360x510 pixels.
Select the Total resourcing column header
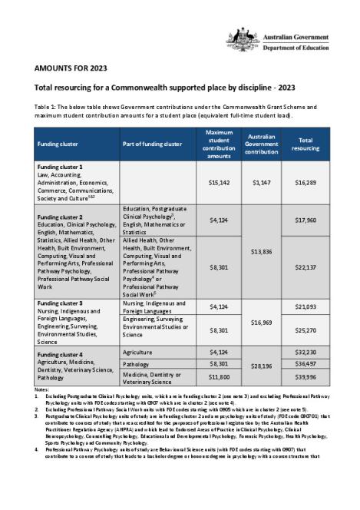(306, 143)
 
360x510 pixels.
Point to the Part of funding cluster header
(153, 144)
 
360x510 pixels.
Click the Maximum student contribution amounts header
(219, 144)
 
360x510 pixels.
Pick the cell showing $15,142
(219, 184)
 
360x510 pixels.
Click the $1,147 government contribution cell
(262, 184)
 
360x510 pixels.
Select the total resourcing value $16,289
(306, 184)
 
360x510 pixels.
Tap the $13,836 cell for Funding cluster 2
(262, 251)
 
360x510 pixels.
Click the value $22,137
(306, 267)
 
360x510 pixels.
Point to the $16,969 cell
(262, 323)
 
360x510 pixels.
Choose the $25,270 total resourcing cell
(306, 331)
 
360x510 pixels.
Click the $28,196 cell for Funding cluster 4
(262, 367)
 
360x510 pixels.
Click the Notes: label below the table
(41, 390)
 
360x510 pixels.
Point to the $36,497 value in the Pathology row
(306, 363)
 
